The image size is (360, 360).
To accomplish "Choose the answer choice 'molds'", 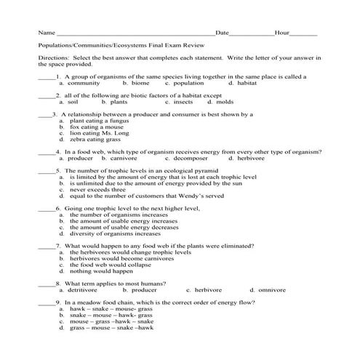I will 225,102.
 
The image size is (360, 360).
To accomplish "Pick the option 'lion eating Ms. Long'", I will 97,133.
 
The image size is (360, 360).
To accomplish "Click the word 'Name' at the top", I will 45,33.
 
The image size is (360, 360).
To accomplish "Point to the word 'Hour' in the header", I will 282,33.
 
